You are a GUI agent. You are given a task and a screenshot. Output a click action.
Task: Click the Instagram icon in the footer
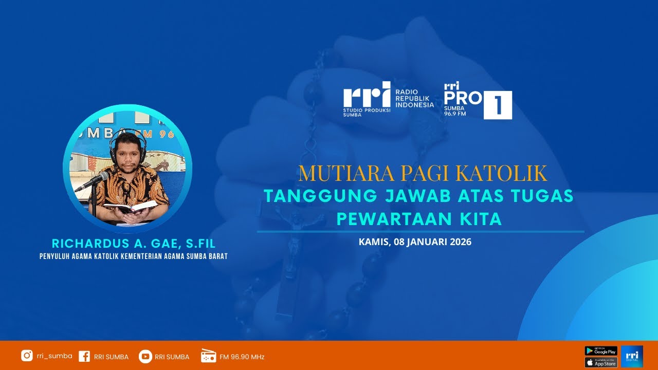click(27, 356)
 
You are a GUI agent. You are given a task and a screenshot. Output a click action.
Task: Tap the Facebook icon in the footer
click(84, 356)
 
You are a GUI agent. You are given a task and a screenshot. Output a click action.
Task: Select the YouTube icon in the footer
click(145, 356)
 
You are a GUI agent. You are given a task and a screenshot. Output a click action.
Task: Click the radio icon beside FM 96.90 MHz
click(208, 356)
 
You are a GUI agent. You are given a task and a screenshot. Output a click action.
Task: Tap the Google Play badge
click(601, 351)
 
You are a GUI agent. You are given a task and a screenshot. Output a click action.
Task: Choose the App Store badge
click(601, 362)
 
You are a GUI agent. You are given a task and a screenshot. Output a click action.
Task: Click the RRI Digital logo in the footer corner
click(632, 356)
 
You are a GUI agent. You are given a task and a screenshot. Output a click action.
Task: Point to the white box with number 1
click(498, 105)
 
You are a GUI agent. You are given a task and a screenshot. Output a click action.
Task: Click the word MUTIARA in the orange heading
click(332, 174)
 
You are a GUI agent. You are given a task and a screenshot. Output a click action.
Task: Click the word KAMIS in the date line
click(374, 242)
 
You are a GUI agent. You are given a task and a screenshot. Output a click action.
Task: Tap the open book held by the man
click(130, 207)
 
